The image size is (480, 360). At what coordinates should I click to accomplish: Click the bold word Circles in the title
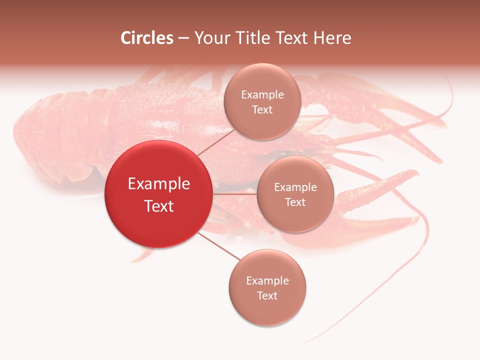point(147,38)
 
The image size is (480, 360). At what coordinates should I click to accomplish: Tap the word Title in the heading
point(251,38)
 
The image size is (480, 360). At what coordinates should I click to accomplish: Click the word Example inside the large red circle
point(159,183)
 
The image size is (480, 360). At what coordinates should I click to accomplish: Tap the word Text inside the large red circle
point(159,206)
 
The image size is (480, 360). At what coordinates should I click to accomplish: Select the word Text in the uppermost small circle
point(262,109)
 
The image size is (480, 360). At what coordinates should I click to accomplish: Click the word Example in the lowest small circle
point(267,280)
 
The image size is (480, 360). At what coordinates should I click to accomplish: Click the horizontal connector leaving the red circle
point(234,194)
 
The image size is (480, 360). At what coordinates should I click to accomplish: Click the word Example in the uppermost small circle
point(262,94)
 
